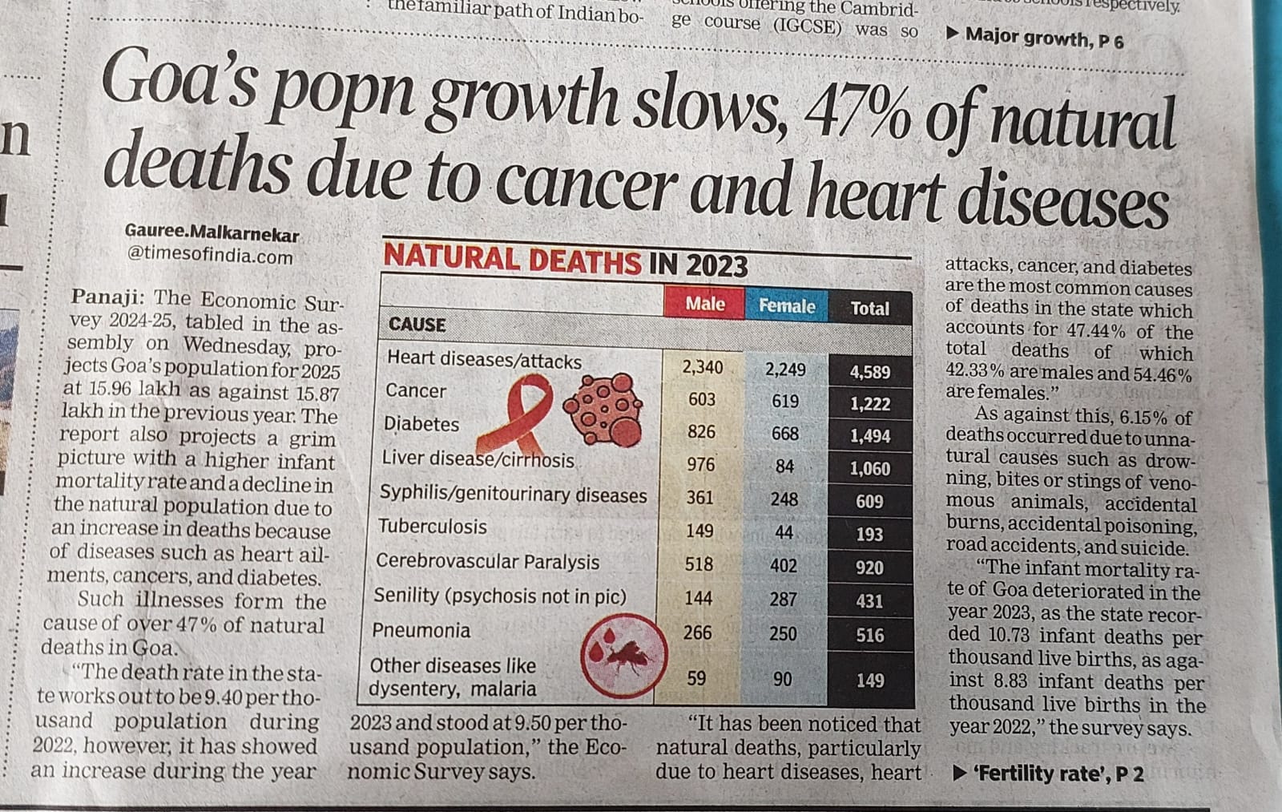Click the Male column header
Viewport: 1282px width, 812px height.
(704, 304)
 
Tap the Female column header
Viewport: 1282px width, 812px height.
(787, 306)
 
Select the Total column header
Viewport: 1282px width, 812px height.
(869, 309)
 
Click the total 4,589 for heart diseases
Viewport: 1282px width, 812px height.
(869, 372)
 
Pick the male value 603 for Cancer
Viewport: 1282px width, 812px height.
(702, 399)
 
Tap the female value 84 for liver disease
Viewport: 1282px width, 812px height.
(784, 466)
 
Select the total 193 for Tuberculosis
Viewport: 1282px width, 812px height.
(869, 534)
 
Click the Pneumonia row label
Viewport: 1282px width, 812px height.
(421, 630)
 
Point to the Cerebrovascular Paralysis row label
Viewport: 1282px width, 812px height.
(487, 561)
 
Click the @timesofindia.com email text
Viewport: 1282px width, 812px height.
(210, 256)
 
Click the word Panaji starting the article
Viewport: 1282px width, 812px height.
(107, 297)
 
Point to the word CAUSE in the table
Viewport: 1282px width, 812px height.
(417, 325)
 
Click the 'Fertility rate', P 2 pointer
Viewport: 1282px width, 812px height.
(1048, 774)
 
